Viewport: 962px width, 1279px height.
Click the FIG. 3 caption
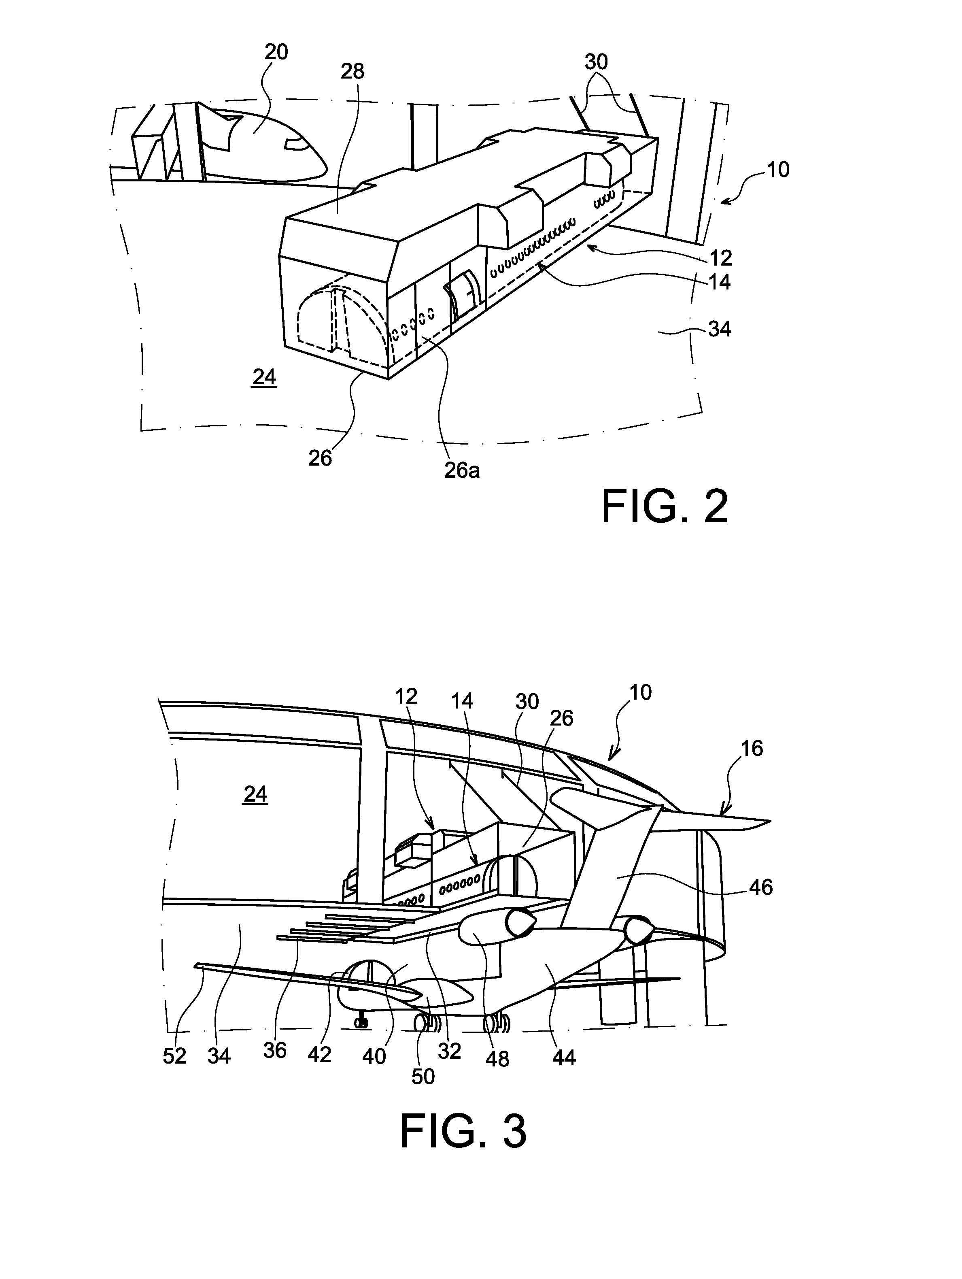463,1132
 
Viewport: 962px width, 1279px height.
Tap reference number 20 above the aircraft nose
276,52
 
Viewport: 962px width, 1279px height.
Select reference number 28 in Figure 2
352,71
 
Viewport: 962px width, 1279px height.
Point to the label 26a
461,470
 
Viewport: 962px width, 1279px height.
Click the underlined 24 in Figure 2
264,378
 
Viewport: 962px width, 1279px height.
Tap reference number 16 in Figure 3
751,748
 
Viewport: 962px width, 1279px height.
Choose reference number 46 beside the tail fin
760,887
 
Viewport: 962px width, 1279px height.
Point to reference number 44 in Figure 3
564,1058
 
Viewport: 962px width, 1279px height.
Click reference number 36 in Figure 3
275,1050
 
